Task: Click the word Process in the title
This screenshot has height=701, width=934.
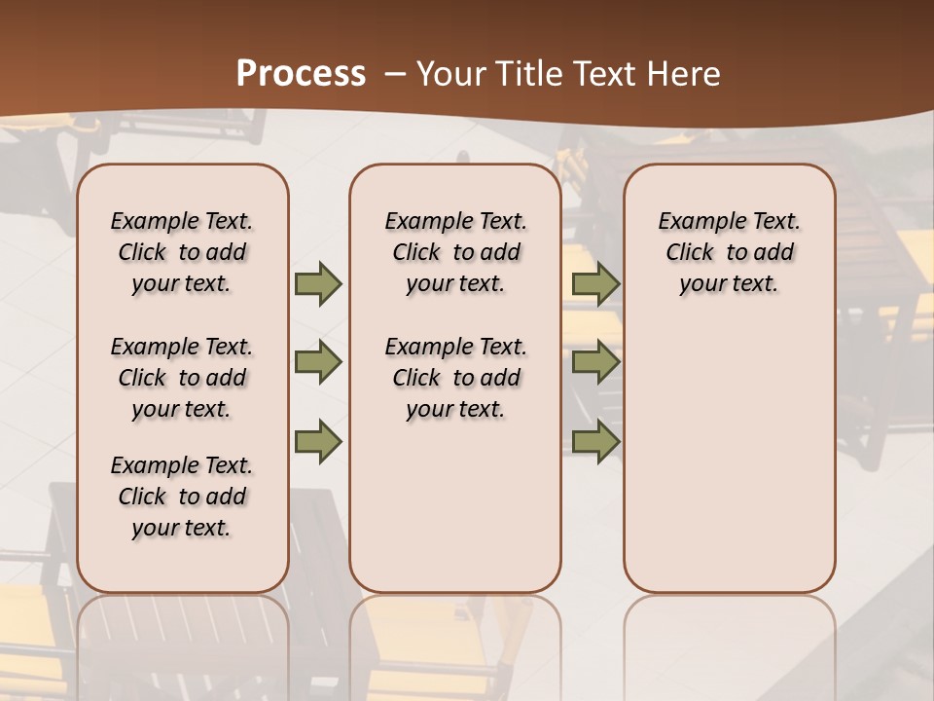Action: [x=301, y=73]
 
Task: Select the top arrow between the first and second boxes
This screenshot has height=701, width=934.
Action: [x=318, y=283]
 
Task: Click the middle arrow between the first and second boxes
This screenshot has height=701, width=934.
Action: [x=318, y=363]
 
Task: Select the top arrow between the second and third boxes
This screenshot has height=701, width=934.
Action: [x=595, y=283]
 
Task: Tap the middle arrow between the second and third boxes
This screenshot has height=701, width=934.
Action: [x=595, y=363]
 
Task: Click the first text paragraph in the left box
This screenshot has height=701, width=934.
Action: [x=182, y=252]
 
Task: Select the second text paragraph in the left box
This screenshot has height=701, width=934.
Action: [x=182, y=378]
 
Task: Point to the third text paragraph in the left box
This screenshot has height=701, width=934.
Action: [x=182, y=497]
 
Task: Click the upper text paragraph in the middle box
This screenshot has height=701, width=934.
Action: [x=455, y=252]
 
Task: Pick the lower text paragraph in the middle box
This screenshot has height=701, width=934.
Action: [x=455, y=378]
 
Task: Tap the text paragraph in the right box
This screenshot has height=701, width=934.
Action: [x=729, y=252]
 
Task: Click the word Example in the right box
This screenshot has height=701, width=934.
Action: [x=699, y=222]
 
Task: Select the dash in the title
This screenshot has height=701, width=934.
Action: [x=395, y=73]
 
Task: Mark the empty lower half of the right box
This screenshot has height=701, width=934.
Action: [x=729, y=458]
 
